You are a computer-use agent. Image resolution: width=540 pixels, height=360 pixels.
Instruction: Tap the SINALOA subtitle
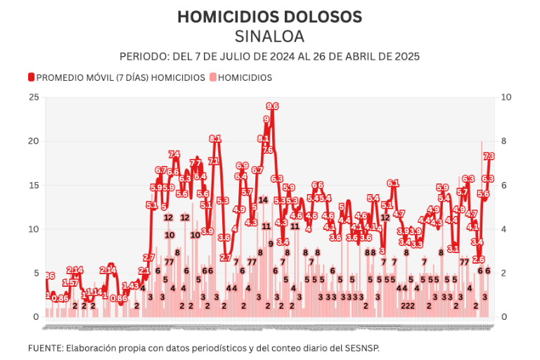pos(270,36)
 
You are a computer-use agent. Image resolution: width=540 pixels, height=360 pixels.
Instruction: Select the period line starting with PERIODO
pos(270,56)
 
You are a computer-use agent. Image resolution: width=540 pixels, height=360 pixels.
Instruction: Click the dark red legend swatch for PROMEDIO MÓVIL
pos(31,77)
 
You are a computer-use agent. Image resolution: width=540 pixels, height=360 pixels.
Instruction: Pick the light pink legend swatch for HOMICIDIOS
pos(213,77)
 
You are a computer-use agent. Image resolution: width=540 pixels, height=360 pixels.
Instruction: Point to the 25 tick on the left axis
pos(33,97)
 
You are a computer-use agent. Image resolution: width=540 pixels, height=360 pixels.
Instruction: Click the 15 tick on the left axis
pos(33,185)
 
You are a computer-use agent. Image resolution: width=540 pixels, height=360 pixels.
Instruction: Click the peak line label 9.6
pos(272,106)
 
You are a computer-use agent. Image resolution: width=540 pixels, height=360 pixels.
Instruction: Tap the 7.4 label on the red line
pos(174,155)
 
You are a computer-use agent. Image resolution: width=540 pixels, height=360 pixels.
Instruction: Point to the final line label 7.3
pos(489,156)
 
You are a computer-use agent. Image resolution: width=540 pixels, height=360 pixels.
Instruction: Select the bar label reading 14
pos(263,200)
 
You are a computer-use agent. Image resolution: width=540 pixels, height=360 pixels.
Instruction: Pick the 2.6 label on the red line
pos(479,259)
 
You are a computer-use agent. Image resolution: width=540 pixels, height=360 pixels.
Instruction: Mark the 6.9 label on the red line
pos(242,166)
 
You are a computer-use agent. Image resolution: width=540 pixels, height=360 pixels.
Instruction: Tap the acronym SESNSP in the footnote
pos(362,348)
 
